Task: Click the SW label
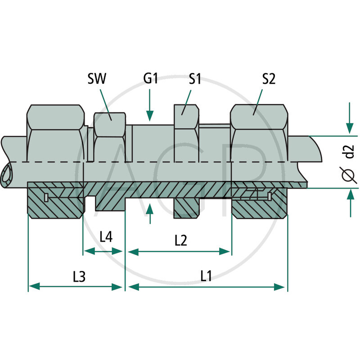click(97, 79)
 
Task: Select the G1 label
click(150, 79)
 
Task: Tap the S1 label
click(194, 79)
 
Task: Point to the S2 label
click(269, 79)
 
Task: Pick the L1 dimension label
click(206, 276)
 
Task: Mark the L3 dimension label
click(79, 276)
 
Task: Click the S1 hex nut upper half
click(186, 135)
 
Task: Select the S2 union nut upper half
click(259, 135)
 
